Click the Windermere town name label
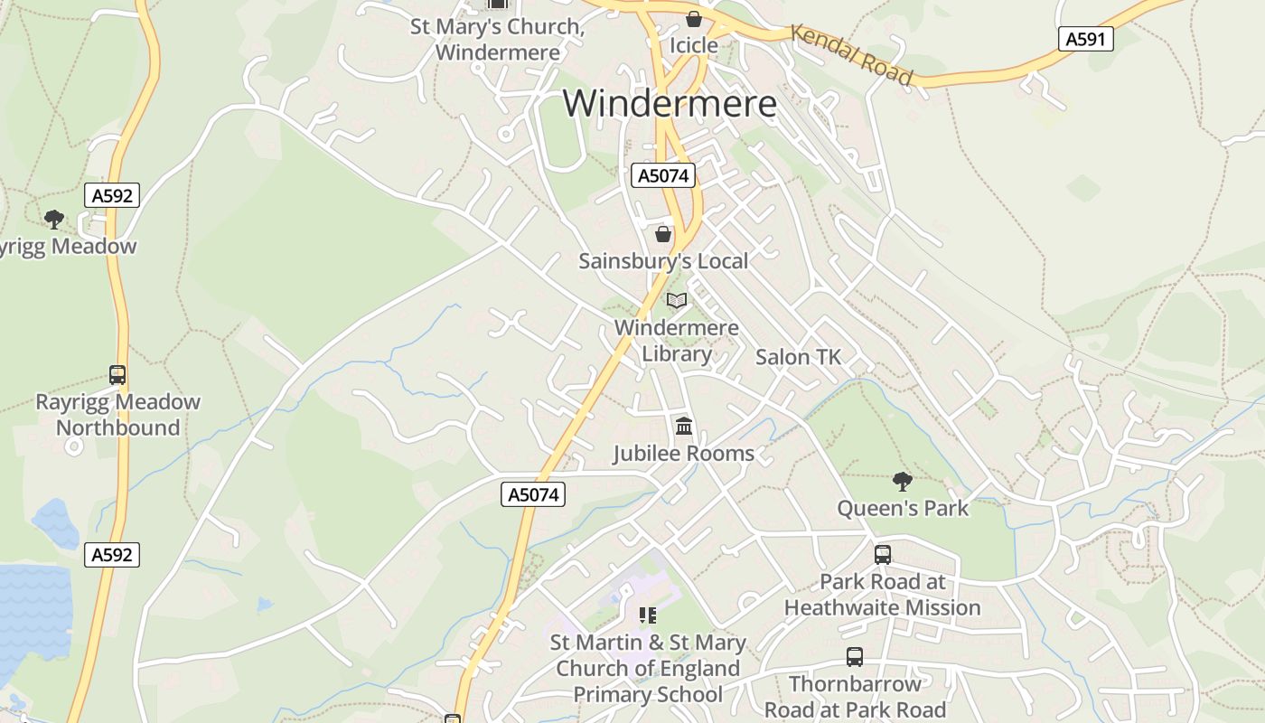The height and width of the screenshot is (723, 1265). pyautogui.click(x=670, y=103)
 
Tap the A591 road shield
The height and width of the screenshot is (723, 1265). pyautogui.click(x=1085, y=39)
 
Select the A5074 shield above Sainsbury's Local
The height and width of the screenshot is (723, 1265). pyautogui.click(x=663, y=175)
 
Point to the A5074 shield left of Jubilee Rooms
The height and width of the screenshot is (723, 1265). pyautogui.click(x=533, y=494)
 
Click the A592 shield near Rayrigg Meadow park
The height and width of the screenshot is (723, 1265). pyautogui.click(x=113, y=195)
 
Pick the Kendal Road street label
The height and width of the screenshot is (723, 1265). pyautogui.click(x=851, y=54)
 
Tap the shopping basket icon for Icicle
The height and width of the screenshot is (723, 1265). pyautogui.click(x=694, y=19)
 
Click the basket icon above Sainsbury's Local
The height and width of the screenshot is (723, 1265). pyautogui.click(x=663, y=234)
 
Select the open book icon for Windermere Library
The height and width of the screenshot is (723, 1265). pyautogui.click(x=677, y=301)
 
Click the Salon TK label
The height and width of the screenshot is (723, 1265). pyautogui.click(x=798, y=357)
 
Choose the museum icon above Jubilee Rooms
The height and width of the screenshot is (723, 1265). pyautogui.click(x=684, y=426)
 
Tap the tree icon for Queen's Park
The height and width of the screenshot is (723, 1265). pyautogui.click(x=902, y=481)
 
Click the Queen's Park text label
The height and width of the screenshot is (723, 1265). pyautogui.click(x=903, y=508)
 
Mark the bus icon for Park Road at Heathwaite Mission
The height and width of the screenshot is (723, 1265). pyautogui.click(x=883, y=554)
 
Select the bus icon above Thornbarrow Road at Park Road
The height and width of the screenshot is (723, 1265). pyautogui.click(x=855, y=657)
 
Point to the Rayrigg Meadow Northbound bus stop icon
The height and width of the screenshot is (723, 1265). pyautogui.click(x=117, y=374)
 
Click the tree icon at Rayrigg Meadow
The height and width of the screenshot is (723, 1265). pyautogui.click(x=54, y=219)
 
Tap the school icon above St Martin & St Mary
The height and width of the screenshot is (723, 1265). pyautogui.click(x=648, y=615)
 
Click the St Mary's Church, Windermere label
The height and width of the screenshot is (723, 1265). pyautogui.click(x=497, y=39)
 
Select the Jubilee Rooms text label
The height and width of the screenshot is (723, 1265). pyautogui.click(x=683, y=454)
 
